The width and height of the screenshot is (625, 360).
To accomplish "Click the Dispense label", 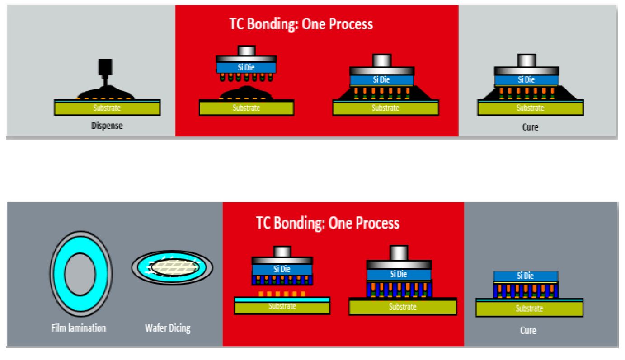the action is click(x=107, y=126).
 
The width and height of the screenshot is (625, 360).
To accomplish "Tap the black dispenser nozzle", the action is click(x=105, y=71).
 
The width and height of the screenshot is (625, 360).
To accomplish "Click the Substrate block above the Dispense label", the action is click(x=107, y=108).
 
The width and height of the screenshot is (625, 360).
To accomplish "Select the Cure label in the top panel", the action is click(x=530, y=127).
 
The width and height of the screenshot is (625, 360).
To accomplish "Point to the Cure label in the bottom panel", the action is click(x=528, y=331).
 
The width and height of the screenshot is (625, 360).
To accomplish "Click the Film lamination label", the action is click(x=78, y=328).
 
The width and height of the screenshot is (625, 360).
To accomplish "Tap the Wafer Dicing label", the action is click(x=168, y=328).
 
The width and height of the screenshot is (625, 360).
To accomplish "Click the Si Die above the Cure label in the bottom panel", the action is click(x=526, y=276).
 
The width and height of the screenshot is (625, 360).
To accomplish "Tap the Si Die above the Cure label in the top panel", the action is click(x=526, y=80).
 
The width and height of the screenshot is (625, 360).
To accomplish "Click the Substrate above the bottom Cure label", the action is click(x=529, y=309).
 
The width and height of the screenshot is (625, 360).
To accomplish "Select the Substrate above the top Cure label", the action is click(x=531, y=108).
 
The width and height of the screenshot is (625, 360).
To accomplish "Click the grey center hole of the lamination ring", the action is click(x=80, y=274).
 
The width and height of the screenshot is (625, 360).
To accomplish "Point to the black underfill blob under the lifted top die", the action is click(x=246, y=93).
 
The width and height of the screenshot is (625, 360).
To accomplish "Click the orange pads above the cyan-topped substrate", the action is click(x=282, y=294).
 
